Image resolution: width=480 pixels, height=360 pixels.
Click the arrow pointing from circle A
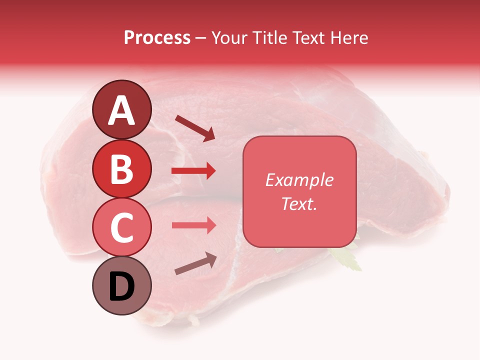(x=195, y=128)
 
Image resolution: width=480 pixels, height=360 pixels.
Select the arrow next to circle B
(x=193, y=171)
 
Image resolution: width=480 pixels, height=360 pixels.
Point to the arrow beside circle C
(x=193, y=225)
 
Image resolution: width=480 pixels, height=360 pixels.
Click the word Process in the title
(x=157, y=37)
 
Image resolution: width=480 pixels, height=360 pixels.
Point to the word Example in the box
(x=299, y=180)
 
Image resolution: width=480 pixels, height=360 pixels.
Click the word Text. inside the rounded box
(x=299, y=203)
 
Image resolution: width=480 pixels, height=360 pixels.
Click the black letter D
(x=122, y=287)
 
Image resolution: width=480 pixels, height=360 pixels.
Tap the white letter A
(x=122, y=110)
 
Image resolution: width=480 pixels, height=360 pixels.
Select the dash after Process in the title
(x=200, y=38)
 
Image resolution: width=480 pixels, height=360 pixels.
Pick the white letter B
(x=122, y=169)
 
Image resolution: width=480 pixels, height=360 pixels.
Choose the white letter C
(x=122, y=227)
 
